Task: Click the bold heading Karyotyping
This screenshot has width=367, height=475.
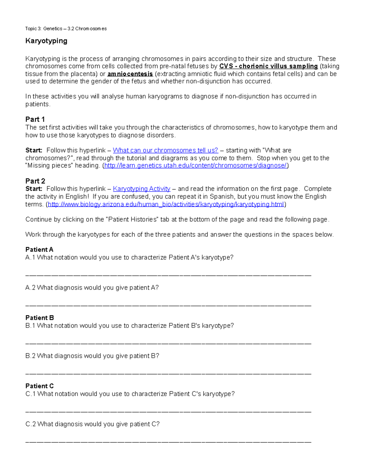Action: (46, 41)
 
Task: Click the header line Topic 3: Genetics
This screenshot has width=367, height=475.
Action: (66, 29)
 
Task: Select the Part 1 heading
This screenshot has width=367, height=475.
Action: (35, 119)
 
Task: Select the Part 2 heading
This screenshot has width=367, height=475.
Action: (35, 181)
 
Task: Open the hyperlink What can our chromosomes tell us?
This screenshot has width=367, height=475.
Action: (165, 150)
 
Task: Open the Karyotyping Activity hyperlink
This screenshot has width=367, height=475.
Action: (142, 189)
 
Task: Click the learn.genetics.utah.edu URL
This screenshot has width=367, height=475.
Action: (195, 166)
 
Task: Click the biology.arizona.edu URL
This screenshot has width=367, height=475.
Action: (166, 204)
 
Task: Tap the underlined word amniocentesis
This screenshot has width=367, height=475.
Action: (130, 74)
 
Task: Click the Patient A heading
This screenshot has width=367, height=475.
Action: (39, 250)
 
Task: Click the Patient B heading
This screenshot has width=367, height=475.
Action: (39, 318)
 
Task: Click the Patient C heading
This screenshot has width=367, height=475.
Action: (39, 386)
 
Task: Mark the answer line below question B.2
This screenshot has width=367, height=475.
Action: (168, 374)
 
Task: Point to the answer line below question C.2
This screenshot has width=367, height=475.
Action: (168, 442)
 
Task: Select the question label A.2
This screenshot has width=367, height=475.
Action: (30, 288)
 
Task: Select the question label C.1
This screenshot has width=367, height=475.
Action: (31, 394)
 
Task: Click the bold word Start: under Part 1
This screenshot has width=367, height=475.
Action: (34, 150)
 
